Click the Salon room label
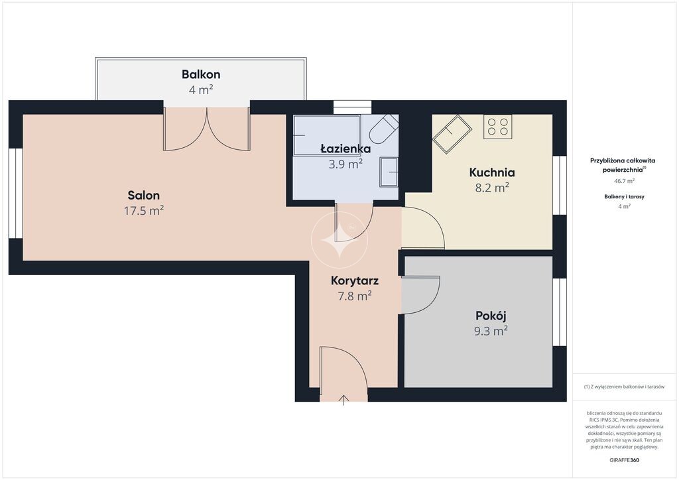point(144,195)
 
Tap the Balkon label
point(201,74)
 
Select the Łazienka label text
point(345,149)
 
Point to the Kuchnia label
point(492,172)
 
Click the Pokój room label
point(491,316)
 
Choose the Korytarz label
point(355,280)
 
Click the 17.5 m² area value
point(144,211)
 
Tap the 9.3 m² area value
point(491,331)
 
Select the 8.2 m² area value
point(492,188)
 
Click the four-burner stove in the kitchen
point(497,127)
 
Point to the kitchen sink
point(452,133)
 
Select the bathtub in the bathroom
point(326,135)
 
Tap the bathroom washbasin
point(389,172)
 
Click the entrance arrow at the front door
point(344,400)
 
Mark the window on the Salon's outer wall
point(16,193)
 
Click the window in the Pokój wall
point(560,312)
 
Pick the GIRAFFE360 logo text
point(624,460)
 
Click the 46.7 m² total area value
point(624,181)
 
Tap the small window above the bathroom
point(353,107)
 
